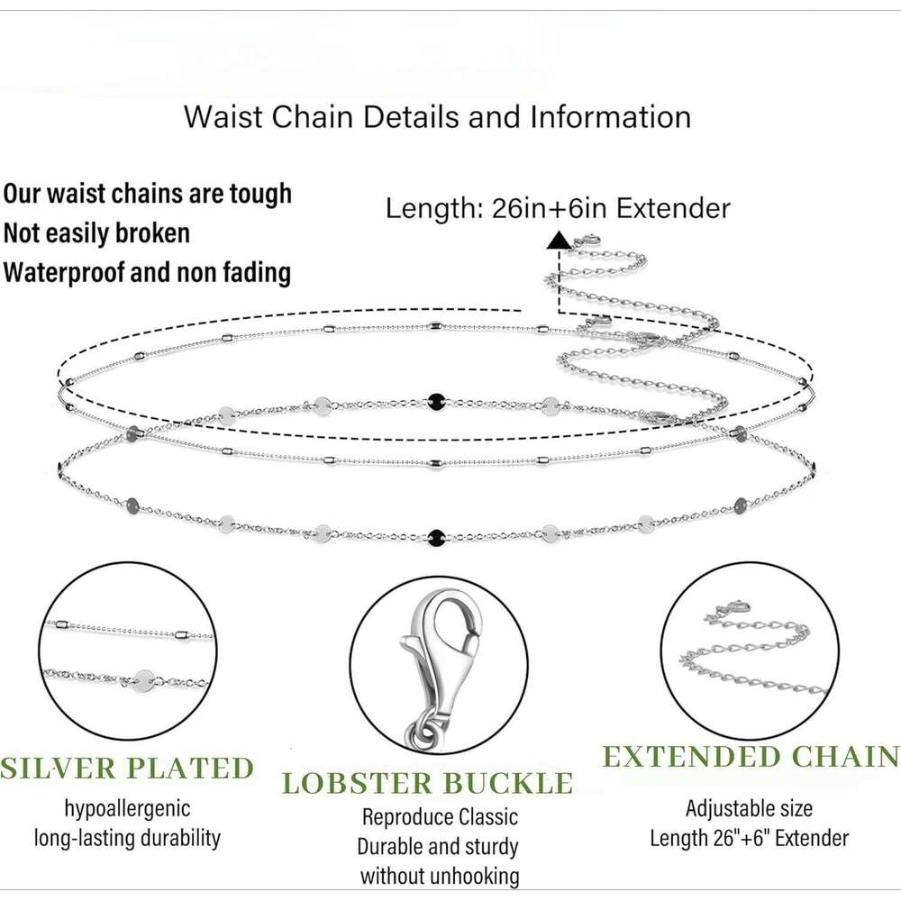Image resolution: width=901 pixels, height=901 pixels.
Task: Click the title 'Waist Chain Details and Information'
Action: click(x=438, y=117)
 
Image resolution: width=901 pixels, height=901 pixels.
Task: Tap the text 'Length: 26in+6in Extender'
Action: click(x=558, y=209)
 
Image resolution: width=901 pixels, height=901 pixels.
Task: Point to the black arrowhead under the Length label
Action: click(x=559, y=241)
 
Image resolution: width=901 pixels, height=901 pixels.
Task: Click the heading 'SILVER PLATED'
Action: click(x=127, y=769)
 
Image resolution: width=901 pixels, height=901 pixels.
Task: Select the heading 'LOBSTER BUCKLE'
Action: click(x=428, y=782)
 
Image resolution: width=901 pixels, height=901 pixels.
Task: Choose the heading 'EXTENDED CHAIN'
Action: click(x=751, y=757)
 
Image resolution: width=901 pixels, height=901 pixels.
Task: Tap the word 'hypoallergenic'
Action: click(x=127, y=808)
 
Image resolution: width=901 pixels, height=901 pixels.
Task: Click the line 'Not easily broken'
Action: click(x=96, y=233)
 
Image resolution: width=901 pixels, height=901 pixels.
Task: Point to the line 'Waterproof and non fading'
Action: click(x=147, y=272)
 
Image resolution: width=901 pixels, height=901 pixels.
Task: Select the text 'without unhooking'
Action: click(x=439, y=875)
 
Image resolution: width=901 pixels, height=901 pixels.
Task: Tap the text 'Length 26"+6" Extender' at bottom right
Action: click(x=749, y=838)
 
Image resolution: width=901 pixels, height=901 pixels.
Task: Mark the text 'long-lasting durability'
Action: click(x=127, y=838)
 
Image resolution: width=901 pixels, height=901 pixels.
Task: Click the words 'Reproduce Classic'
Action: click(x=439, y=817)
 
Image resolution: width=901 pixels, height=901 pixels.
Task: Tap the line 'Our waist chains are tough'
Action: click(x=147, y=194)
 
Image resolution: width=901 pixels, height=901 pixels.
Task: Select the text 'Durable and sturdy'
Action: click(x=439, y=846)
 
